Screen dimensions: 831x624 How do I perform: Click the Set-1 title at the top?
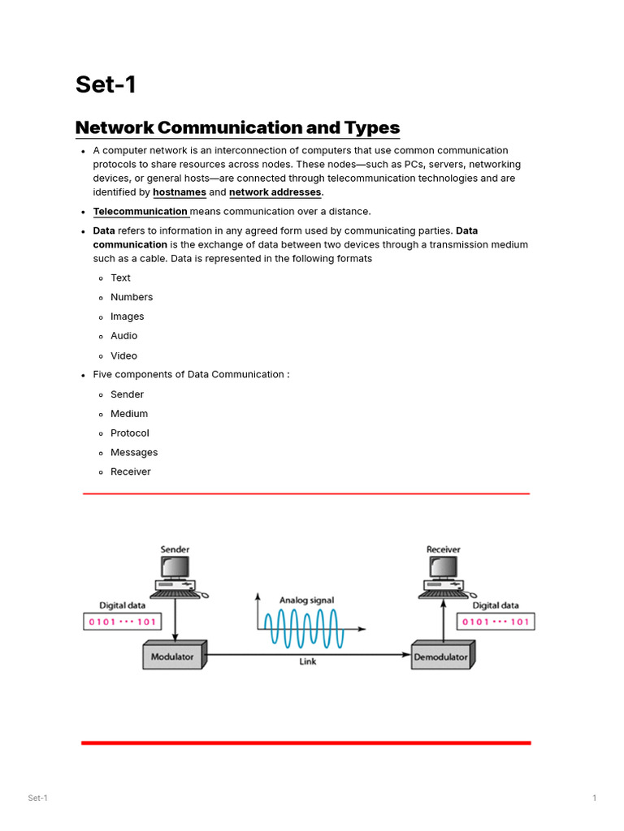click(106, 84)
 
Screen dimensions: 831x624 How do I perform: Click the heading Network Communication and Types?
click(237, 127)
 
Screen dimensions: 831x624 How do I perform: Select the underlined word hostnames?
click(180, 192)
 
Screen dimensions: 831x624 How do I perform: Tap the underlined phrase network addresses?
click(275, 192)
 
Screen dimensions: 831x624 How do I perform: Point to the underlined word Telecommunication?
click(141, 212)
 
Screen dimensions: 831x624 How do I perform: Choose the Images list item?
click(127, 316)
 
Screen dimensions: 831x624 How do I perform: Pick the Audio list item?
click(123, 336)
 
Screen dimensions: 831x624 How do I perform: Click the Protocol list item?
click(130, 433)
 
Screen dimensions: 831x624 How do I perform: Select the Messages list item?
click(134, 453)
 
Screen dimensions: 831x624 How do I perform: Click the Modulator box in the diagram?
click(173, 656)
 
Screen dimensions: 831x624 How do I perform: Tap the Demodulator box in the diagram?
click(441, 656)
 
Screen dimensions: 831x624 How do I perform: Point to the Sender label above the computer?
click(175, 549)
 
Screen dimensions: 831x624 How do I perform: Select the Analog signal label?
click(306, 601)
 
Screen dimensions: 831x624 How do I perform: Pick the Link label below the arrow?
click(308, 662)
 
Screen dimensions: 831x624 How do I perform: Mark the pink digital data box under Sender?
click(123, 622)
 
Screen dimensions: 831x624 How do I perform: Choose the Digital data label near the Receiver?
click(496, 605)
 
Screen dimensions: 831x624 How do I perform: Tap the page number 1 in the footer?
click(594, 799)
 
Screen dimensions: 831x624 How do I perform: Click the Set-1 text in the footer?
click(38, 799)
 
